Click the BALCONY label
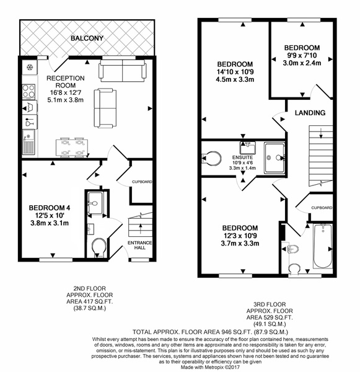coord(87,38)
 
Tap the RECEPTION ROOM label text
coord(65,82)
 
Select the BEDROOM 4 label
coord(50,208)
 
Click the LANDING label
coord(310,113)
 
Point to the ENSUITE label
coord(242,157)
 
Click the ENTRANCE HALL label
coord(139,246)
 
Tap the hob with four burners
coord(29,92)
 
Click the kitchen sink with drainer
coord(29,142)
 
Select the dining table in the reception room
coord(72,147)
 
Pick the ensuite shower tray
coord(274,157)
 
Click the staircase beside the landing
coord(320,156)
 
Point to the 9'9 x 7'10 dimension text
coord(302,56)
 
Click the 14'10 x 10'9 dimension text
coord(235,72)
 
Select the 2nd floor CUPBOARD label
coord(142,182)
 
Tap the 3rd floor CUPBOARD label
coord(322,208)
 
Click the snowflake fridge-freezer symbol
coord(30,68)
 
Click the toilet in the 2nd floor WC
coord(99,247)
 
